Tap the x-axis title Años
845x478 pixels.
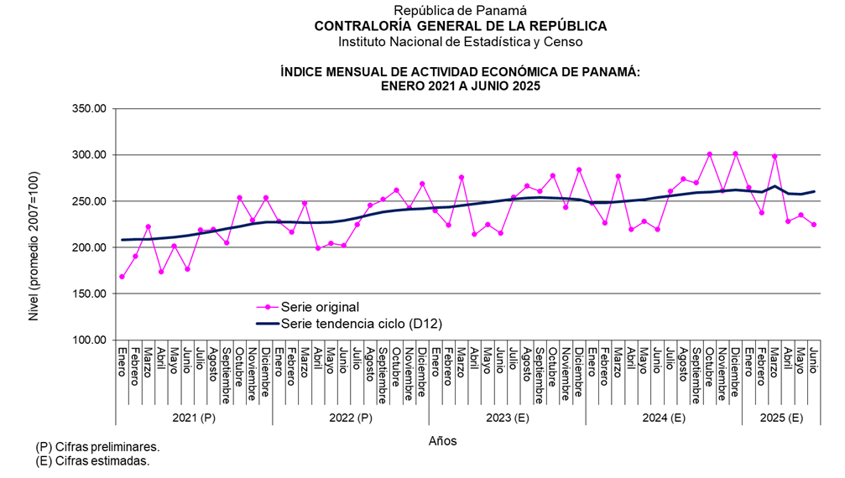[x=442, y=440]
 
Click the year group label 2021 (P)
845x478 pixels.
[x=194, y=418]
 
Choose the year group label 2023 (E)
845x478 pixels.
[x=507, y=418]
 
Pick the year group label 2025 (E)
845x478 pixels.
[x=780, y=418]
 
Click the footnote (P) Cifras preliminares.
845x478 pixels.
[x=97, y=447]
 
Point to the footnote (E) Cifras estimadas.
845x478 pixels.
[x=92, y=460]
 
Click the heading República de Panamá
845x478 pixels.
[x=460, y=11]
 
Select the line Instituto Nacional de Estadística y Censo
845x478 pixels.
[x=460, y=41]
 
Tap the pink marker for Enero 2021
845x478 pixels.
[x=123, y=277]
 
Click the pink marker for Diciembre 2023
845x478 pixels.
[x=579, y=169]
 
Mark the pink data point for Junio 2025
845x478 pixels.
[x=814, y=225]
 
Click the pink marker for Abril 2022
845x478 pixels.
[x=318, y=248]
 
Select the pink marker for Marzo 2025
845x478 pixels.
[x=775, y=157]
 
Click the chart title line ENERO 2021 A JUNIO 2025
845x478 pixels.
[x=460, y=86]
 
